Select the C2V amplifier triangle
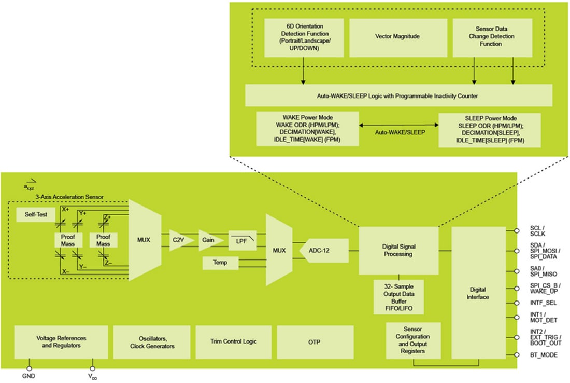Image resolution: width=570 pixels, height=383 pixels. click(180, 240)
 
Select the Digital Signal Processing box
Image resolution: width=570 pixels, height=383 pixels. click(398, 250)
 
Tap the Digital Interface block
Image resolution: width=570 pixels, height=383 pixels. click(478, 293)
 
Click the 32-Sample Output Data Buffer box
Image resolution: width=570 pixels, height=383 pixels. click(398, 296)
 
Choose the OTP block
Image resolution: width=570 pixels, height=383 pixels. click(315, 341)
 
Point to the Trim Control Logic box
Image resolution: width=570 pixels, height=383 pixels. click(233, 341)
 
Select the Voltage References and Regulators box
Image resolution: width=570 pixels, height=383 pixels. click(61, 342)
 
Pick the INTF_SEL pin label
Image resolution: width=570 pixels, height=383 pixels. click(543, 302)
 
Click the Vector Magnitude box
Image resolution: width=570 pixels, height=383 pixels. click(397, 38)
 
